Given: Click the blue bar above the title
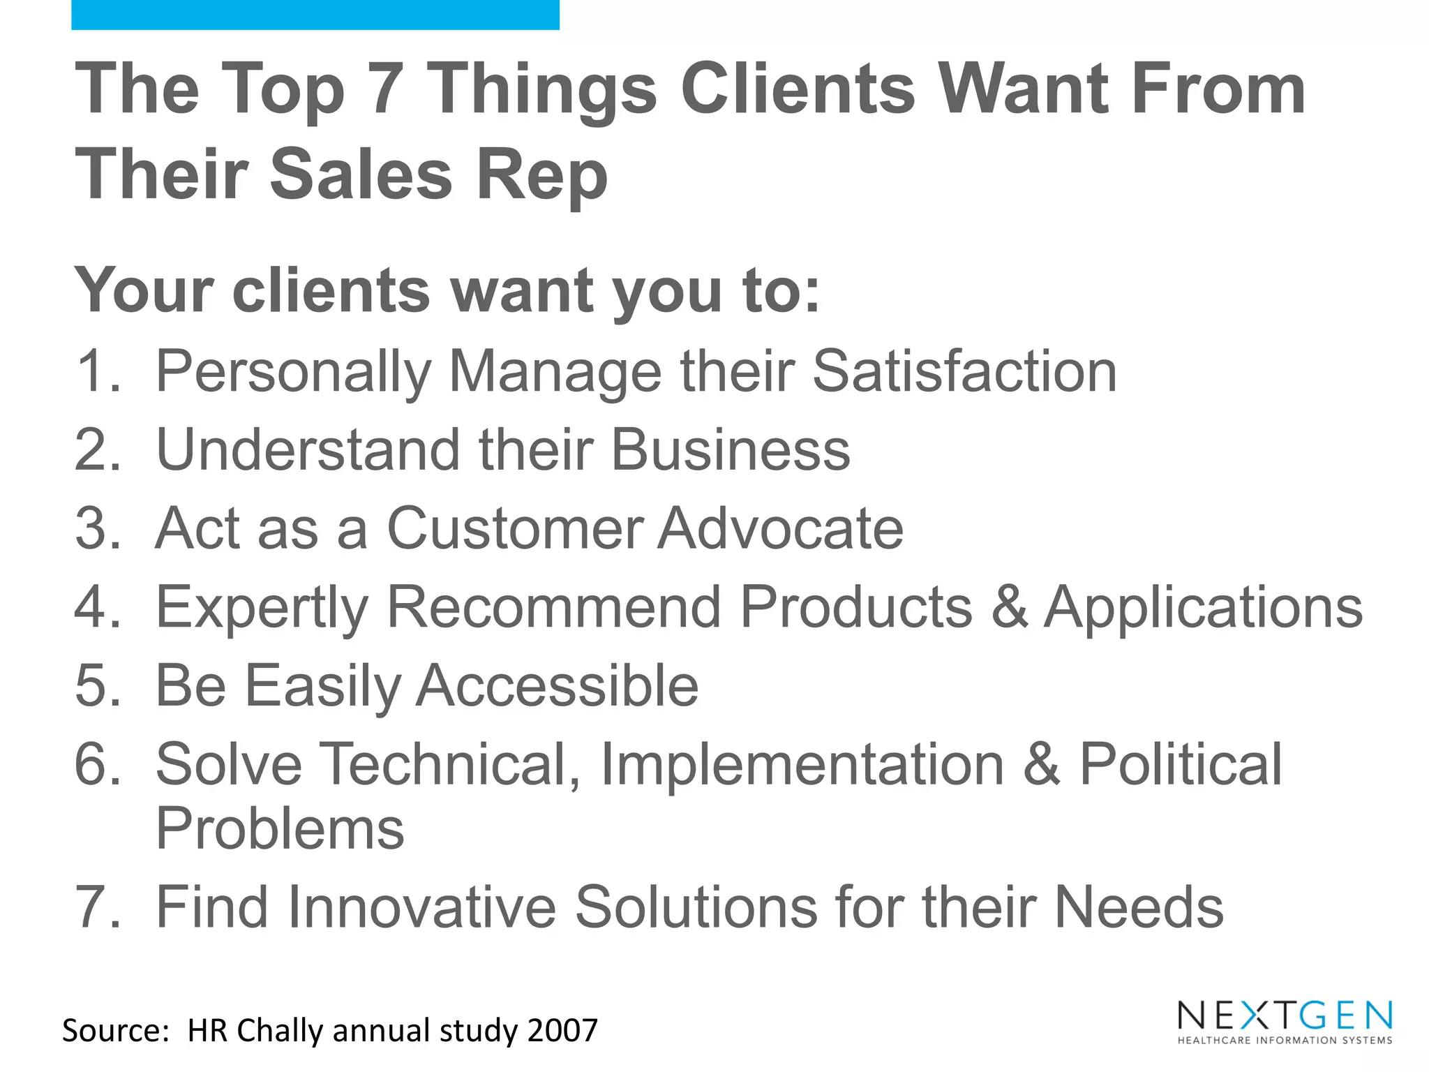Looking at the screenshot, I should (315, 15).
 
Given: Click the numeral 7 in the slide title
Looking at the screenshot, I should (386, 89).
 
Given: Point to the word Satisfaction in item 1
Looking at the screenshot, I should (964, 371).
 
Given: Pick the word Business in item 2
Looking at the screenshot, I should (731, 450).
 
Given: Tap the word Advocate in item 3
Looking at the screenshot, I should (781, 528).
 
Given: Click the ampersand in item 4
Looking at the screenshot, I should (1008, 607).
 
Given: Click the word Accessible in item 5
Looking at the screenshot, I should (558, 686).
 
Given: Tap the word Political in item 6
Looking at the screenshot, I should (1181, 764).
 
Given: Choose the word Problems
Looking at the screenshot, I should (280, 829).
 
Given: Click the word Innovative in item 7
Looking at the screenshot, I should (421, 907).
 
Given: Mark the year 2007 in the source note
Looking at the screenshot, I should (562, 1031).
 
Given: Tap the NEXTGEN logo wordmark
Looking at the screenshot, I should (1285, 1015).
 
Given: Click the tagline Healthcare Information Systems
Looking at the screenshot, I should (1285, 1041).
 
